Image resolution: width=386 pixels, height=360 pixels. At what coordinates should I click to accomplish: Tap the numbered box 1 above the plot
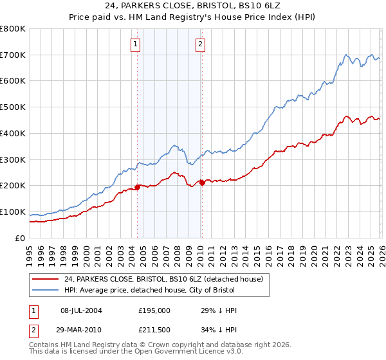(136, 44)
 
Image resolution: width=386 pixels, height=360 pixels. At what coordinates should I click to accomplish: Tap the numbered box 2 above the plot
(201, 44)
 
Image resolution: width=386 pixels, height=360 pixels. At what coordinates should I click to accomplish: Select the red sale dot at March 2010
(202, 183)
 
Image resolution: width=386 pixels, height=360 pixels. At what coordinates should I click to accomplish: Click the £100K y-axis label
(13, 212)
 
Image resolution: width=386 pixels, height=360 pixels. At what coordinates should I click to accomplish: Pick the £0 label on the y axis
(21, 238)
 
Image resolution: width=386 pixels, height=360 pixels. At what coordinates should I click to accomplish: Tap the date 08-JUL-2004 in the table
(81, 310)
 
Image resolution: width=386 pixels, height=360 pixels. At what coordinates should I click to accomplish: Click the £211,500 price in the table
(154, 329)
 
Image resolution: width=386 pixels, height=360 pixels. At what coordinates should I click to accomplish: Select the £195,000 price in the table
(154, 310)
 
